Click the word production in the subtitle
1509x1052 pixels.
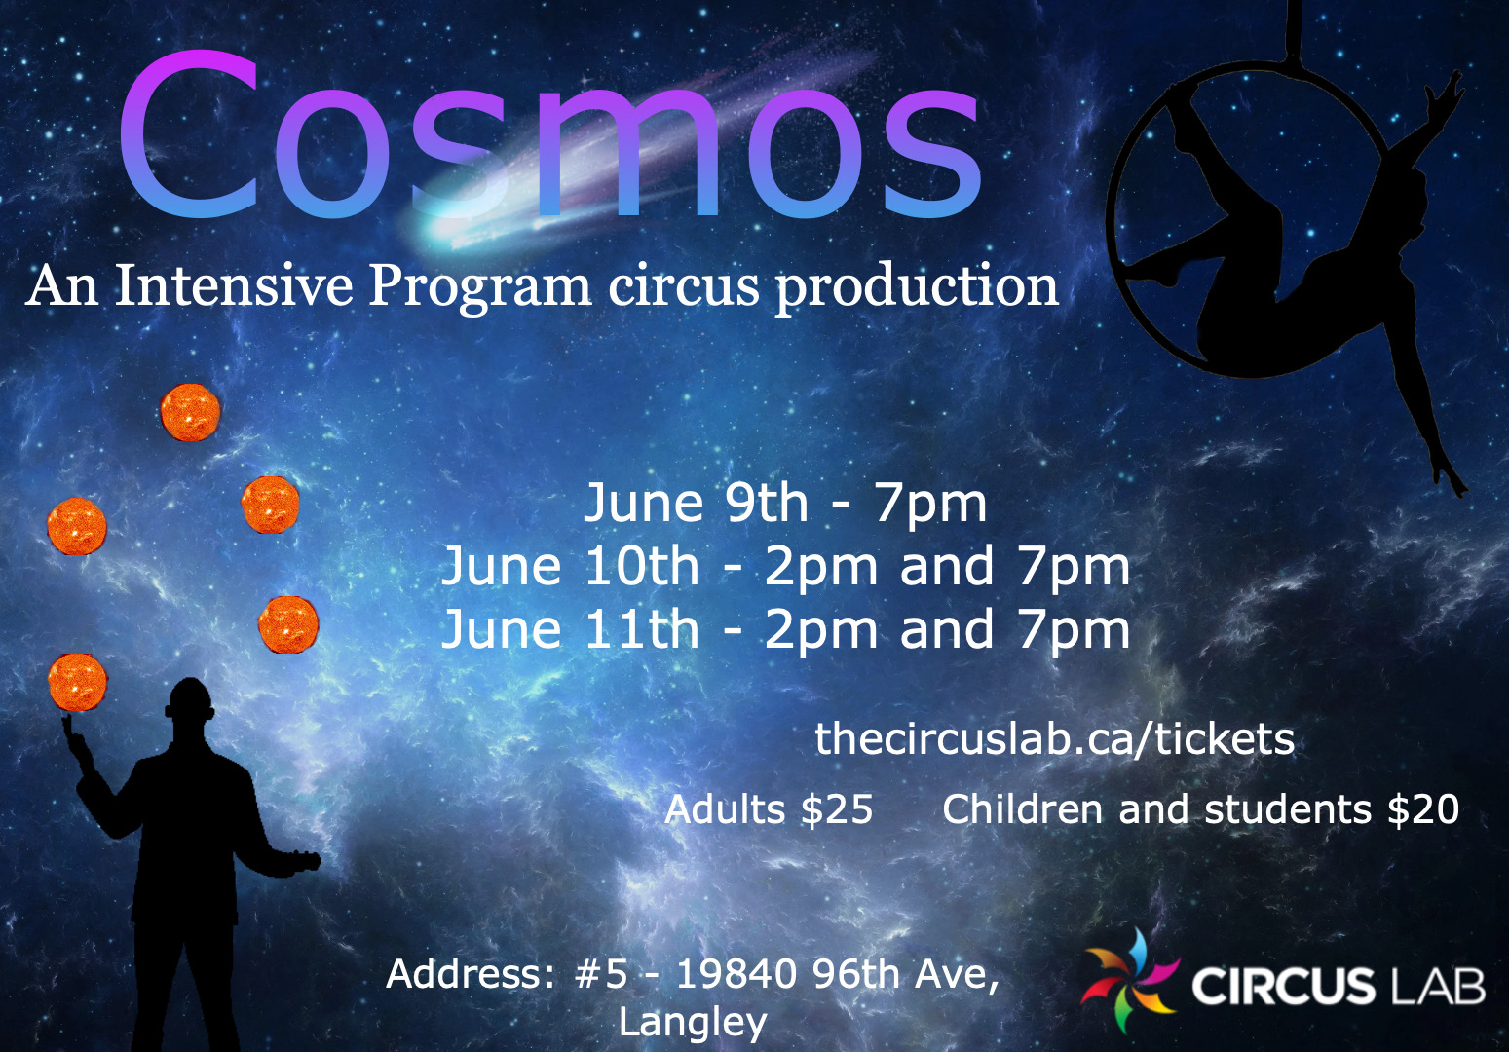pyautogui.click(x=916, y=288)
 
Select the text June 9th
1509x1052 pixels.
pyautogui.click(x=696, y=504)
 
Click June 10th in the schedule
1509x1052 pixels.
pyautogui.click(x=570, y=567)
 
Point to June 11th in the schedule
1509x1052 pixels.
pyautogui.click(x=570, y=630)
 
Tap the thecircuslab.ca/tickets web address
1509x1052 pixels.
pyautogui.click(x=1054, y=739)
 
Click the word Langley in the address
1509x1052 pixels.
pyautogui.click(x=693, y=1022)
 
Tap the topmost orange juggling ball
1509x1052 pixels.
pyautogui.click(x=190, y=412)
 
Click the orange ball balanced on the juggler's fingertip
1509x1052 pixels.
pyautogui.click(x=77, y=682)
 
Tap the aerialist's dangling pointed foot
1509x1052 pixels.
pyautogui.click(x=1451, y=477)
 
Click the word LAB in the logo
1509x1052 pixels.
pyautogui.click(x=1438, y=986)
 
